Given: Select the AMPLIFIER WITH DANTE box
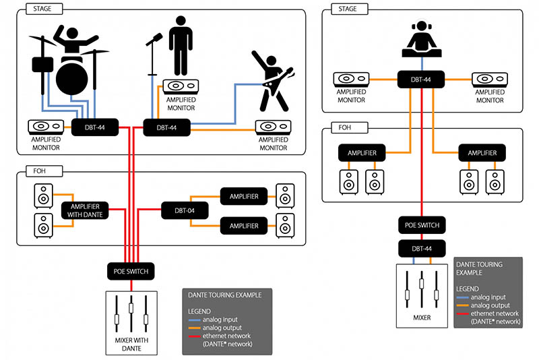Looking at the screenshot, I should (x=85, y=210).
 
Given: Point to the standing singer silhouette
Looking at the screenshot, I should (x=181, y=43).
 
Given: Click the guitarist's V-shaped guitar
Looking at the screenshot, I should (x=277, y=78).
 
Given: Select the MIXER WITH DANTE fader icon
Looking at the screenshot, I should (x=131, y=311).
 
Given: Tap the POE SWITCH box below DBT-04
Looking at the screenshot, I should (x=131, y=271).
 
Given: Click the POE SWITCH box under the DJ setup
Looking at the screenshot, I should (x=422, y=225).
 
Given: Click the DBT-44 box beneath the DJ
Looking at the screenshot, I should (x=422, y=80).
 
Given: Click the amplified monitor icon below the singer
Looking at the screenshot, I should (x=181, y=87).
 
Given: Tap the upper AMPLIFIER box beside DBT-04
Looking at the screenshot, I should (x=243, y=197).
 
